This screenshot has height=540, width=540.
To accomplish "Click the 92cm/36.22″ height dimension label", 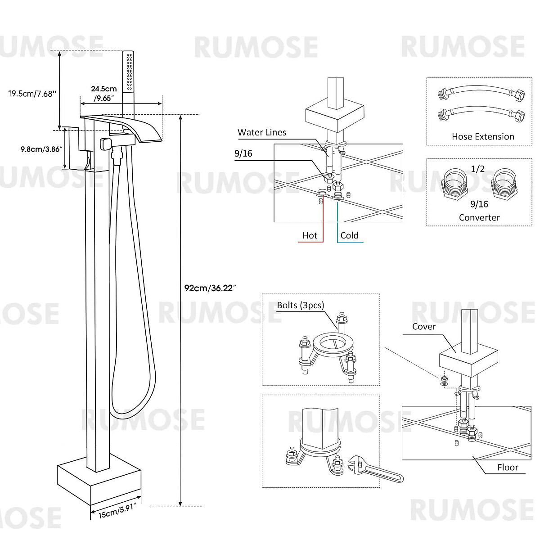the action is pos(210,288).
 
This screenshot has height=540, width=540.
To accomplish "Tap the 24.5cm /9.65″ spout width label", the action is pos(104,93).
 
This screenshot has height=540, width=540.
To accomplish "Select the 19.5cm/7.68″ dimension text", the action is pos(32,94).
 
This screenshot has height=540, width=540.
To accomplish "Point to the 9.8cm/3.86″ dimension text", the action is pos(41,149).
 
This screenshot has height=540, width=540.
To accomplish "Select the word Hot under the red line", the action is pos(310,235).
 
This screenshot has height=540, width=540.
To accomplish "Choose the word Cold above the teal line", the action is pos(349,235).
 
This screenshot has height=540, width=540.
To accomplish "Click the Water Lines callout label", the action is pos(262,132).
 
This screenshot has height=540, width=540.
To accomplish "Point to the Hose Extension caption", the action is pos(483,137).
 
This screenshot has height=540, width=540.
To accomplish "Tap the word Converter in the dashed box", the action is pos(479,217).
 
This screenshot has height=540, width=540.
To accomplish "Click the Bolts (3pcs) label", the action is pos(300,305).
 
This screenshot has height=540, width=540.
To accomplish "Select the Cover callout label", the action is pos(424,327).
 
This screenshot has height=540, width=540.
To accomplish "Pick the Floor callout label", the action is pos(508,468).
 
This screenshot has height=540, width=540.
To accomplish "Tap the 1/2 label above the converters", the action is pos(477,169).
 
